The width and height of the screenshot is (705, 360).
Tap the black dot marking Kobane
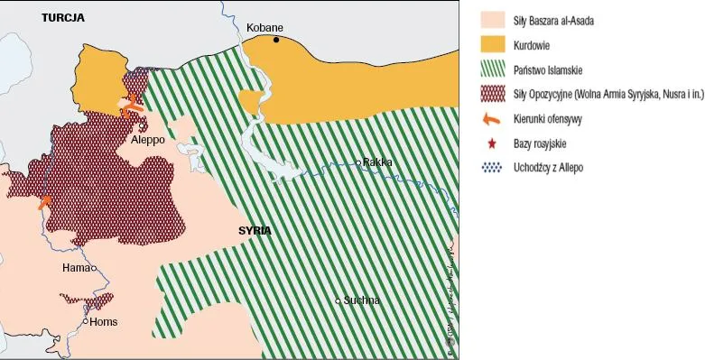tap(278, 39)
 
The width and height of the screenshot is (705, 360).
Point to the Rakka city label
tap(377, 162)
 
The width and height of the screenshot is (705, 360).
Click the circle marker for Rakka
tap(358, 163)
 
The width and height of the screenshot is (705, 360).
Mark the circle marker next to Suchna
tap(339, 300)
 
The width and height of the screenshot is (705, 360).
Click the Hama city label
tap(75, 268)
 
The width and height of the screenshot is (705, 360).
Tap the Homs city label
tap(104, 321)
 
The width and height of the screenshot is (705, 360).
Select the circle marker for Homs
tap(86, 321)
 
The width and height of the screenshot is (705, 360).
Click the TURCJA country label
tap(62, 17)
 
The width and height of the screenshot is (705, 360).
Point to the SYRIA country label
tap(255, 231)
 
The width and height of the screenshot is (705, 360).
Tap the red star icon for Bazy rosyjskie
tap(492, 143)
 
